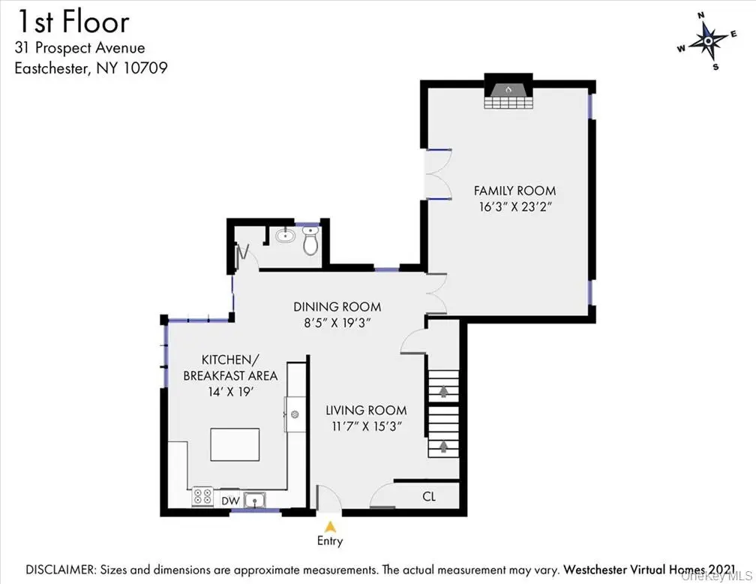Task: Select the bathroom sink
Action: [286, 236]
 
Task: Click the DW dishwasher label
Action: [230, 501]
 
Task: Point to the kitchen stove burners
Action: [202, 497]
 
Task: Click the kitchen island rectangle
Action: [235, 444]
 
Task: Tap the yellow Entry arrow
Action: [330, 526]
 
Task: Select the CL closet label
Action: [429, 496]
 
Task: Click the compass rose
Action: [708, 41]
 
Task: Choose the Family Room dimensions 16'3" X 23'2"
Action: [515, 206]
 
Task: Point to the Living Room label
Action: [367, 411]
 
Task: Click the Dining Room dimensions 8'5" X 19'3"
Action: [337, 323]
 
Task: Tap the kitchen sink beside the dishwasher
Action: [254, 500]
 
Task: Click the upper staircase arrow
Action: [443, 390]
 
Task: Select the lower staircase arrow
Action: [443, 447]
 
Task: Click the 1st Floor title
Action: [73, 23]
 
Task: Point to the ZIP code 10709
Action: [145, 68]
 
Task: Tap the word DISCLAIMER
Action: [61, 570]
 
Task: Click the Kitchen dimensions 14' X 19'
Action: [230, 391]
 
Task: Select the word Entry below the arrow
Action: [330, 540]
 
